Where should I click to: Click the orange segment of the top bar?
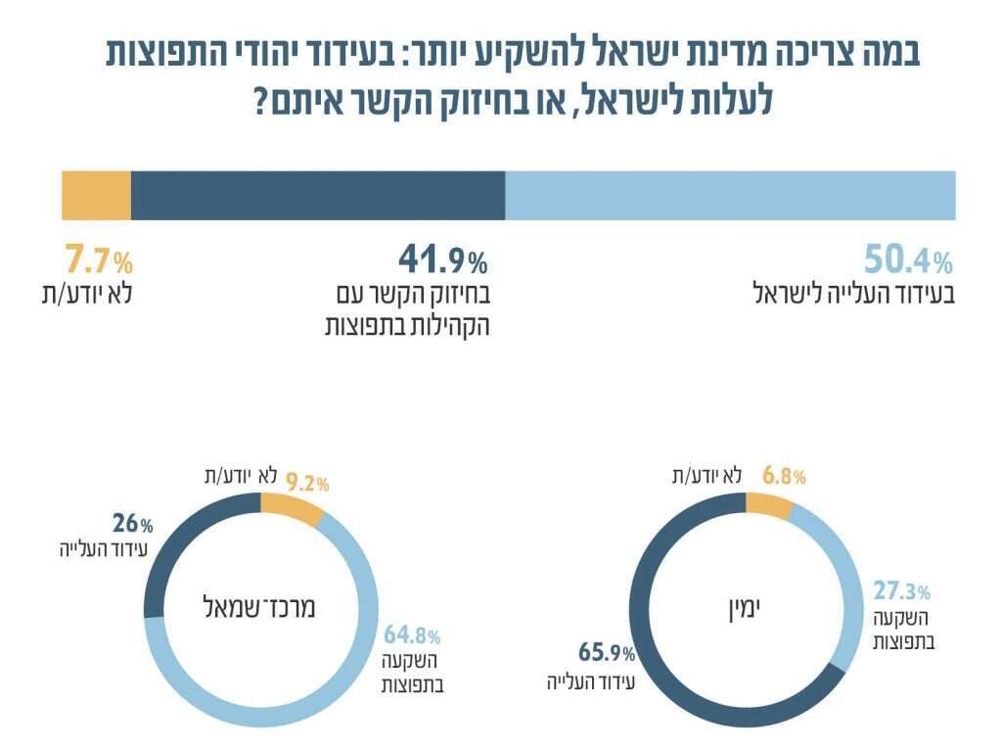pos(96,195)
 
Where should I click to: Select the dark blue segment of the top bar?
pos(318,195)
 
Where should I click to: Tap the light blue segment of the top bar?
pos(730,195)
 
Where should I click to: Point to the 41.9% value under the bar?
pos(442,260)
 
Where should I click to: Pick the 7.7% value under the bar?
pos(98,260)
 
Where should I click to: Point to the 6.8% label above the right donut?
pos(783,477)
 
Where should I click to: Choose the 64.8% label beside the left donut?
pos(410,635)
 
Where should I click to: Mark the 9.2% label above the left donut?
pos(306,482)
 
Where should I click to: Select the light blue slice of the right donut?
pos(839,578)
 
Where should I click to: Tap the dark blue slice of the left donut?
pos(176,548)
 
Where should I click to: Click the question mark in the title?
pos(261,101)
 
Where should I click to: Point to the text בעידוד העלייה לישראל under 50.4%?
pos(850,293)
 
